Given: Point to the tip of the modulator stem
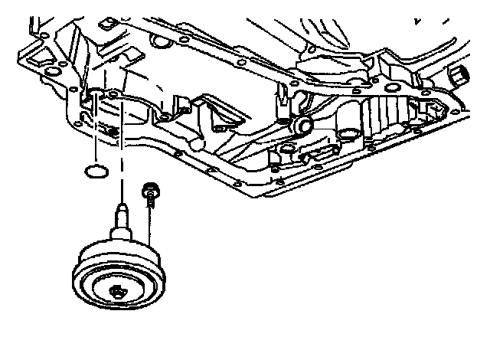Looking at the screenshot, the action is [121, 206].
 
